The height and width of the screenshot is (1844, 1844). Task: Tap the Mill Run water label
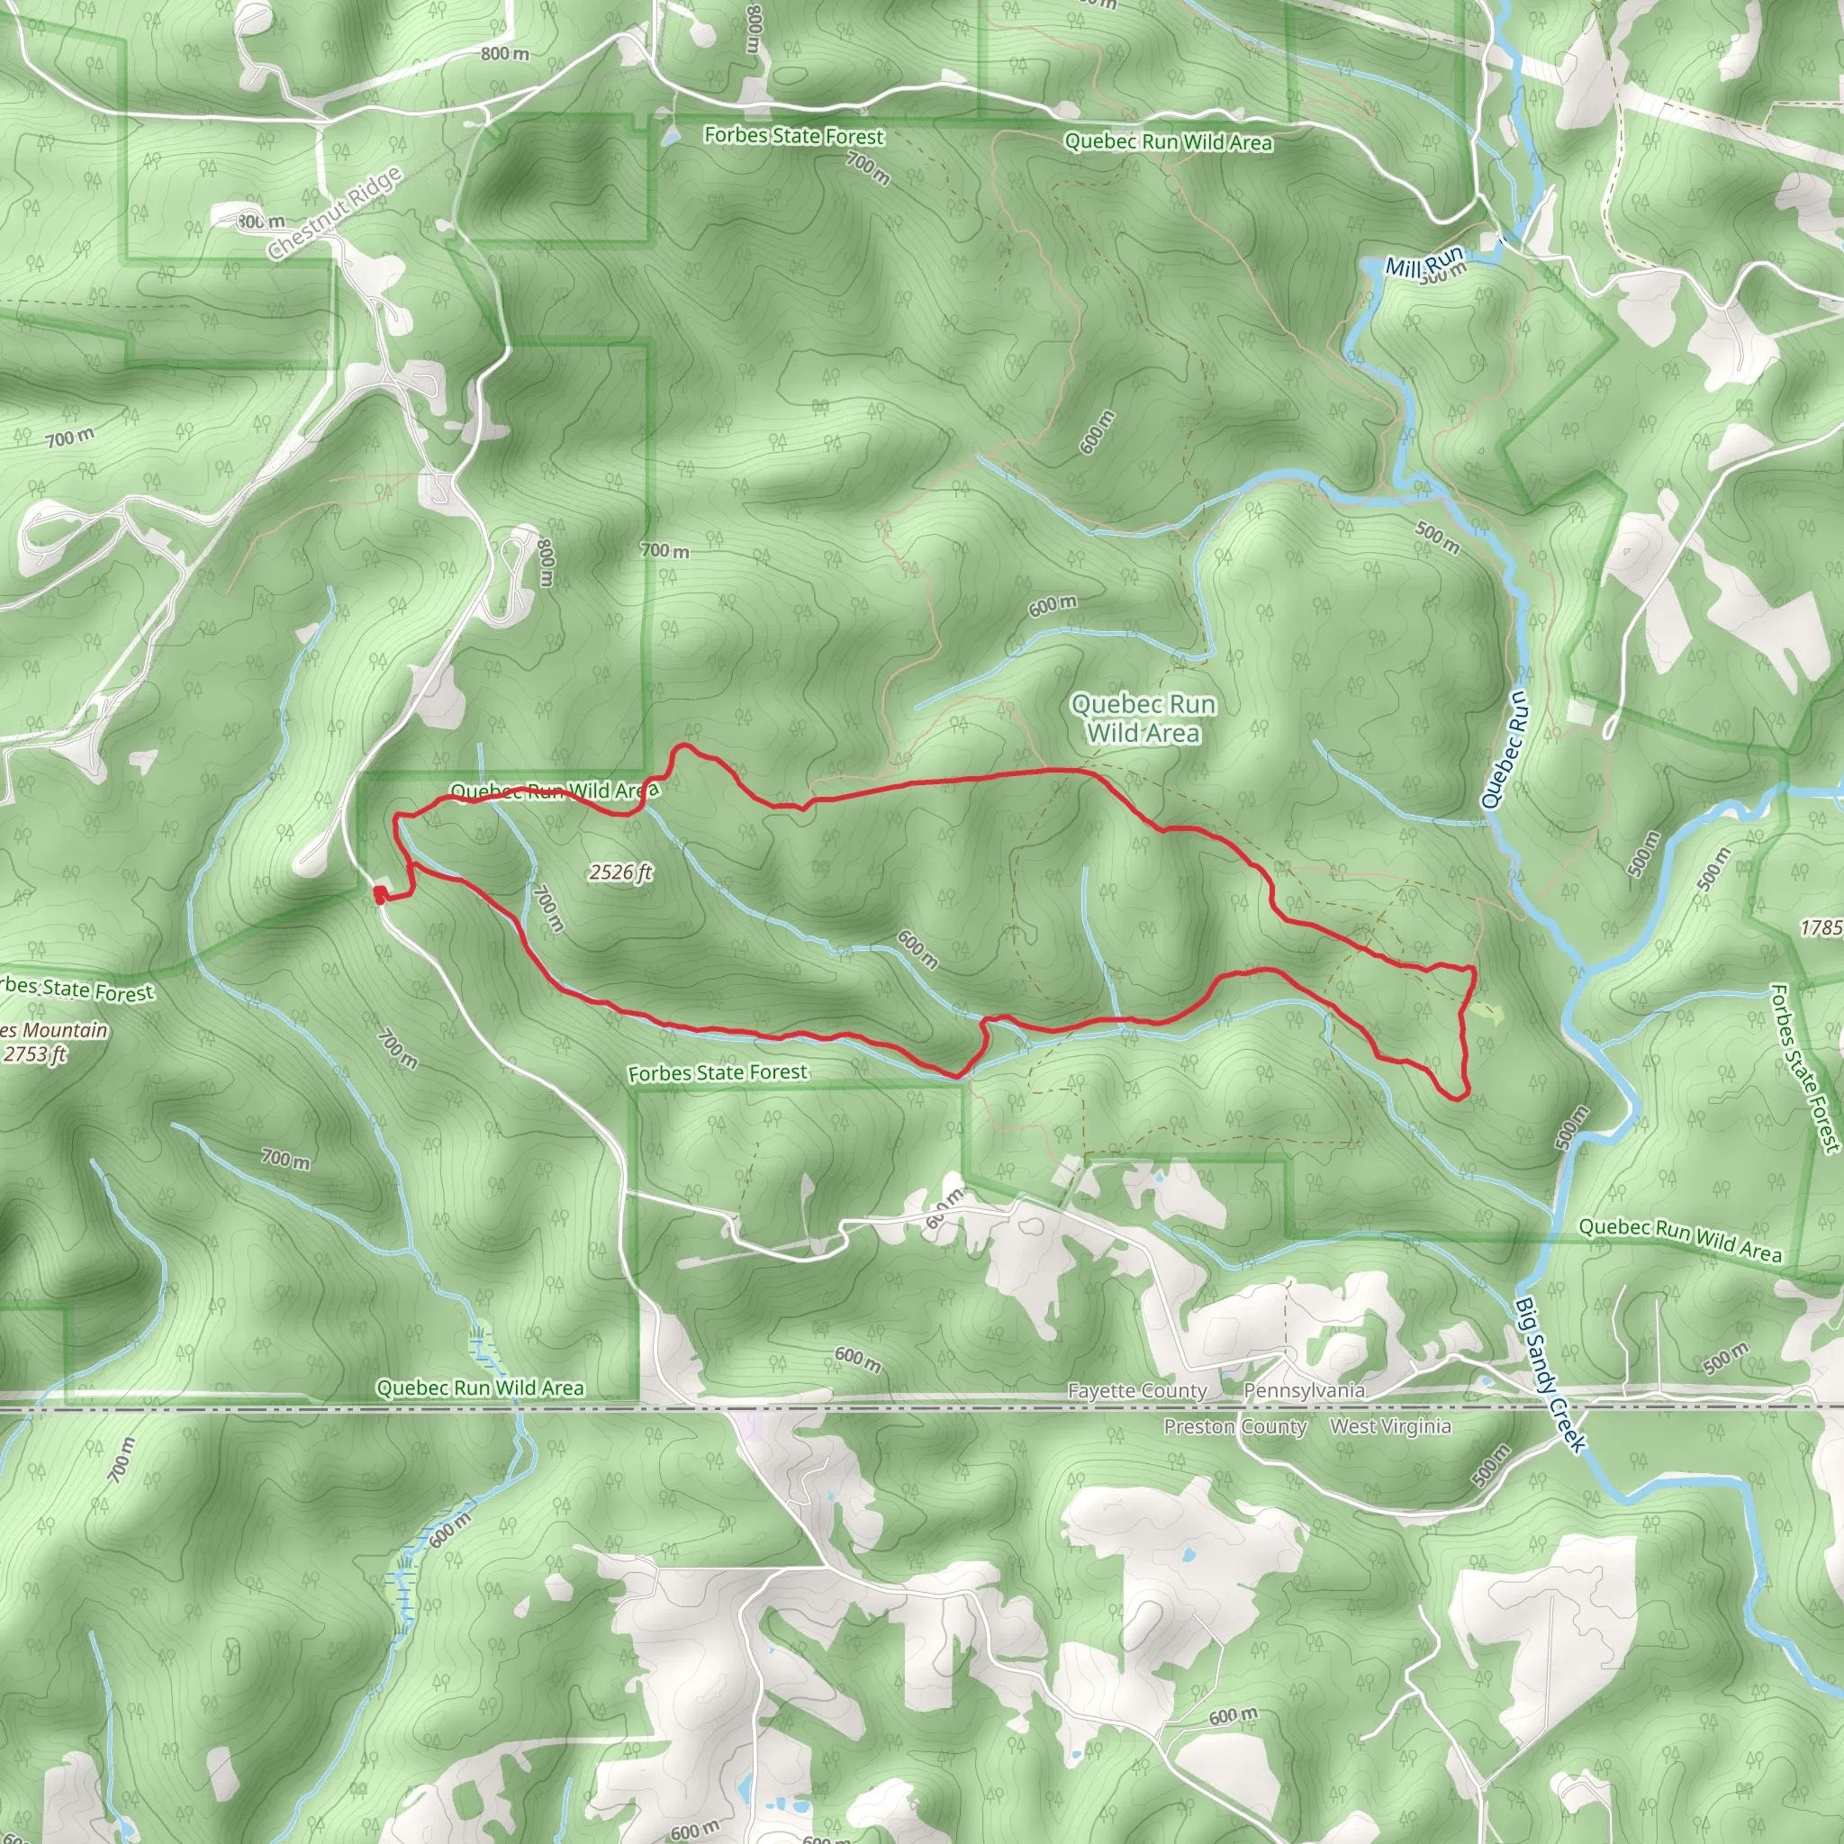tap(1424, 260)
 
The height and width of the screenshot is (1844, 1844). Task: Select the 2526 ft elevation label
tap(620, 872)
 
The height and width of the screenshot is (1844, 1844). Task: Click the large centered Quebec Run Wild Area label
tap(1143, 719)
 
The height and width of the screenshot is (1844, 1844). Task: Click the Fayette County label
tap(1137, 1390)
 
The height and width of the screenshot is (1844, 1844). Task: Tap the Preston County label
tap(1235, 1427)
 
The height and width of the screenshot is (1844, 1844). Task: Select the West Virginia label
tap(1389, 1426)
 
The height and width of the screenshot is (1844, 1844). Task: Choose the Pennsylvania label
tap(1304, 1389)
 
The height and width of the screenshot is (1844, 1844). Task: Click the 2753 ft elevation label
tap(34, 1053)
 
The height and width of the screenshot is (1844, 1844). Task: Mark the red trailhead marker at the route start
tap(380, 894)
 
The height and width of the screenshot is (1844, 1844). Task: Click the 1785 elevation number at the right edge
tap(1821, 927)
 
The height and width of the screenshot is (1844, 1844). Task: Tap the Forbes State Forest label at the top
tap(794, 137)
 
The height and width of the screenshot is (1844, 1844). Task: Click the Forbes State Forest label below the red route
tap(718, 1072)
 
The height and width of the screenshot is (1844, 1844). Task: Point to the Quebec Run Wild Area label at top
tap(1168, 142)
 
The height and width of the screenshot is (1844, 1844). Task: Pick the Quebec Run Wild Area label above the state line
tap(480, 1388)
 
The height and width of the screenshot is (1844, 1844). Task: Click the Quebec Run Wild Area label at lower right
tap(1680, 1240)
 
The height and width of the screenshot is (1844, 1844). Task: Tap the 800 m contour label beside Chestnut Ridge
tap(260, 222)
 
